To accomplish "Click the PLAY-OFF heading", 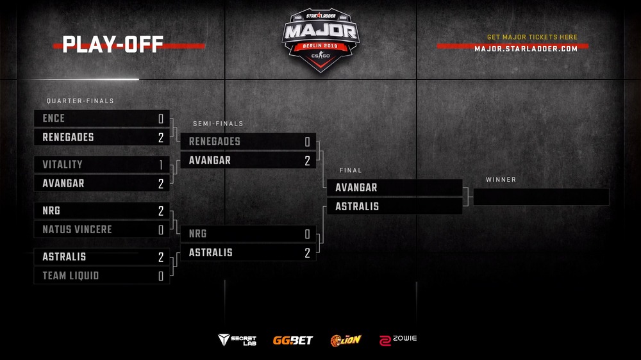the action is tap(112, 44).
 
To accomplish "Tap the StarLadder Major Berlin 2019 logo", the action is tap(320, 40).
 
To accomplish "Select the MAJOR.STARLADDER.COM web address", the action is tap(526, 49).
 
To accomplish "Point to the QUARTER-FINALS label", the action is tap(80, 101).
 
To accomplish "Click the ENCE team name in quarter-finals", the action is tap(54, 119).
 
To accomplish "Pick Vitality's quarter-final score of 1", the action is tap(161, 165).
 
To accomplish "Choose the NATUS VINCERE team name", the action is tap(78, 230).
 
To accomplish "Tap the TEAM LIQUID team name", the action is tap(71, 276).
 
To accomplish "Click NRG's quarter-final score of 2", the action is tap(161, 211).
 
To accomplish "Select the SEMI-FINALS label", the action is tap(218, 124).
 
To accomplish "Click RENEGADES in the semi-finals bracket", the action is tap(215, 142).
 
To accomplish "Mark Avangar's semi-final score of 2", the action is tap(307, 161).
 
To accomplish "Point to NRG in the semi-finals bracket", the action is tap(197, 234).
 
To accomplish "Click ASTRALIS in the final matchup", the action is tap(357, 206).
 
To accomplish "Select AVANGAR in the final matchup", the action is tap(356, 188).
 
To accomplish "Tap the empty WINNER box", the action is tap(541, 197).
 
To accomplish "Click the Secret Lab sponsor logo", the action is tap(237, 340).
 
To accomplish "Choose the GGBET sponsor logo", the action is tap(293, 340).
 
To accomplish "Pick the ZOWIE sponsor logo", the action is tap(398, 340).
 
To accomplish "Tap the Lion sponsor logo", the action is tap(346, 340).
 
